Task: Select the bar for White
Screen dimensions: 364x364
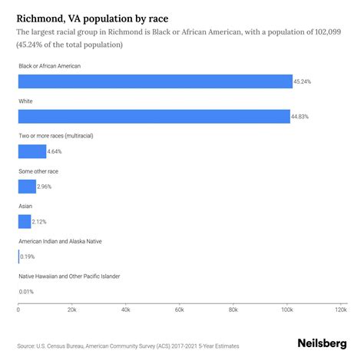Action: pos(154,116)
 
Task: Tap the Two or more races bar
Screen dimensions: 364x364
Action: pos(32,151)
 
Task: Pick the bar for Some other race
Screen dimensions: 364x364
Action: pos(27,186)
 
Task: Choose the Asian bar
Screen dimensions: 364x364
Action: pos(25,221)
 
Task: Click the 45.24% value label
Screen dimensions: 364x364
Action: pos(303,81)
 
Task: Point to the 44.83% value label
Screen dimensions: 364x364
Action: pos(301,116)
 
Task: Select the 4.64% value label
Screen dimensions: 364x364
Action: pos(56,151)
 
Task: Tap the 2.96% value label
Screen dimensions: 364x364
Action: pos(46,186)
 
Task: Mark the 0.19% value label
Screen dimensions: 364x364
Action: pos(28,256)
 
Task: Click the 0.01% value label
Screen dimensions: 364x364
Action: pos(28,291)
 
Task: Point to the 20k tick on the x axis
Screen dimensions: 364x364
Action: pos(71,310)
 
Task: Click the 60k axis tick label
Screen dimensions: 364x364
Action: pos(179,310)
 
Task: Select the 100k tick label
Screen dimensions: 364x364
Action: pos(286,310)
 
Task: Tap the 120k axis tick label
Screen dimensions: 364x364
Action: pos(339,310)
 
